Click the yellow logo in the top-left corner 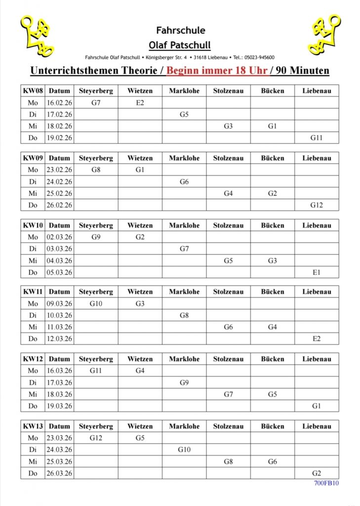[x=37, y=36]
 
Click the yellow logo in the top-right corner [x=324, y=34]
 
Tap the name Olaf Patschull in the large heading [x=180, y=45]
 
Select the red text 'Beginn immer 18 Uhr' [x=217, y=70]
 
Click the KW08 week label [x=33, y=90]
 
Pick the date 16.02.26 [x=59, y=102]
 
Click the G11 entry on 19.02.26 [x=316, y=138]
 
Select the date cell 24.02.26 [x=59, y=181]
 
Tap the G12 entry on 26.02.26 [x=316, y=205]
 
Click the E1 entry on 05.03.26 [x=316, y=272]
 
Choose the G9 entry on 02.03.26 [x=96, y=237]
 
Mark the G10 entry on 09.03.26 [x=96, y=303]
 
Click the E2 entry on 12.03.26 [x=316, y=339]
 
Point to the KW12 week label [x=33, y=359]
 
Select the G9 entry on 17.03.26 [x=184, y=382]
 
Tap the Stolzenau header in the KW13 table [x=228, y=426]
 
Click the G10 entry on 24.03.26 [x=184, y=450]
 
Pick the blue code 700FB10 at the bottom [x=326, y=483]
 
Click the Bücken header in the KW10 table [x=273, y=225]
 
